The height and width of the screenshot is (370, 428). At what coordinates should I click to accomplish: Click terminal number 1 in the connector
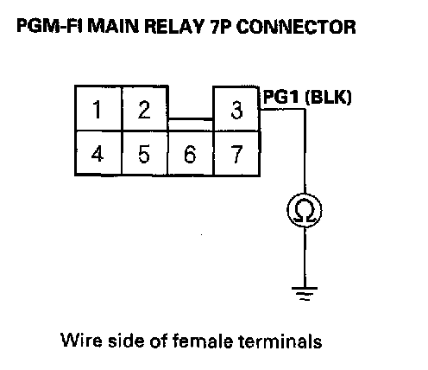pyautogui.click(x=98, y=108)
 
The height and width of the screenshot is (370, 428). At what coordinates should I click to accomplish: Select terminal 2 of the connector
pyautogui.click(x=145, y=108)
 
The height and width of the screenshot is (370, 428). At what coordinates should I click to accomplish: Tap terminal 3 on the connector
pyautogui.click(x=236, y=109)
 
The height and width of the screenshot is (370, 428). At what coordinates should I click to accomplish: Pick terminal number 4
pyautogui.click(x=98, y=153)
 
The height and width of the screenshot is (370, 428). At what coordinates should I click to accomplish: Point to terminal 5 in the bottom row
pyautogui.click(x=144, y=153)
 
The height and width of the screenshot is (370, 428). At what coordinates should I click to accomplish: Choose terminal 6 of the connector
pyautogui.click(x=191, y=153)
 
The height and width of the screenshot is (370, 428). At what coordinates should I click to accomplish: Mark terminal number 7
pyautogui.click(x=236, y=153)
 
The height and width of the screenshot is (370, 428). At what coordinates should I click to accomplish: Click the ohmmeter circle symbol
pyautogui.click(x=305, y=210)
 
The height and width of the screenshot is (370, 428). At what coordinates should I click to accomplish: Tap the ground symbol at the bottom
pyautogui.click(x=305, y=294)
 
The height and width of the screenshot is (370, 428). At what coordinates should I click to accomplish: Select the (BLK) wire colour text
pyautogui.click(x=328, y=97)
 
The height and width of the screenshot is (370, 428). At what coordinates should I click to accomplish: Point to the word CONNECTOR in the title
pyautogui.click(x=296, y=27)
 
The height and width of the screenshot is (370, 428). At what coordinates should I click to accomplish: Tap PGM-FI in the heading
pyautogui.click(x=49, y=26)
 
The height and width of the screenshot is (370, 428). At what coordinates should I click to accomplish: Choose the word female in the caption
pyautogui.click(x=203, y=341)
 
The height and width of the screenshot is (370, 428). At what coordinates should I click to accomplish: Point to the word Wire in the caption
pyautogui.click(x=81, y=341)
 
